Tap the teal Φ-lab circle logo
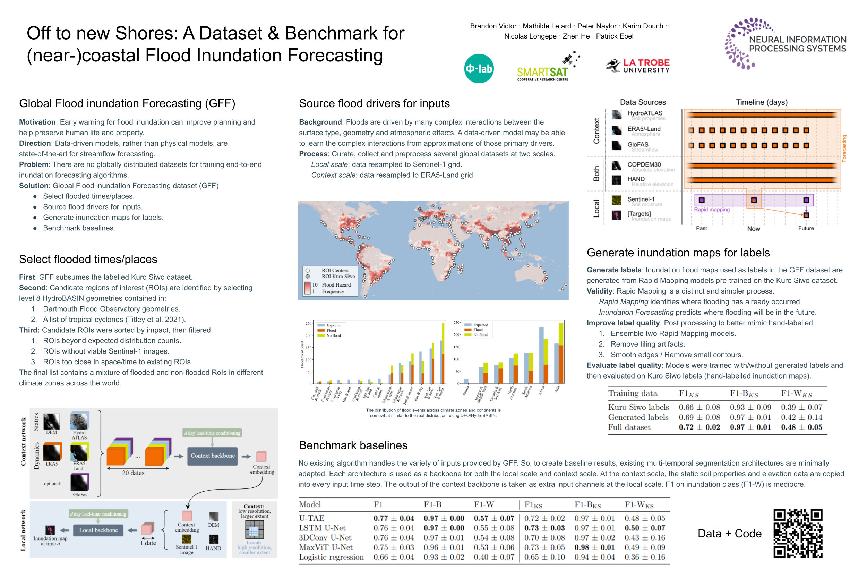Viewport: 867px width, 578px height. click(479, 69)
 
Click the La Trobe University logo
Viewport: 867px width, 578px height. click(637, 66)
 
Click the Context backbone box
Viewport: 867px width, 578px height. click(212, 456)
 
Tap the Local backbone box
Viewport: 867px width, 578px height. click(98, 530)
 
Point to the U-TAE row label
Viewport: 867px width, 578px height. click(311, 518)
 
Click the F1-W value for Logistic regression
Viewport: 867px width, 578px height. click(494, 557)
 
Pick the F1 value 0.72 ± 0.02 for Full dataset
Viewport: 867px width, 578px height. click(699, 427)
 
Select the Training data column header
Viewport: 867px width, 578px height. click(632, 393)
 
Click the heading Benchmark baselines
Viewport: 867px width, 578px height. click(353, 445)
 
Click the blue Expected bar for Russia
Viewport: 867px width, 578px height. click(466, 381)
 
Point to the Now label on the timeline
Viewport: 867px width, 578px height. click(753, 229)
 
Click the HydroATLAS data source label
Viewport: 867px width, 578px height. click(644, 113)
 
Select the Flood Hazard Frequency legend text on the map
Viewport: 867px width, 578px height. click(336, 288)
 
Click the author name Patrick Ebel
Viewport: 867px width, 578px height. click(614, 36)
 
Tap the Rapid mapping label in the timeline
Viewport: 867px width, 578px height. click(712, 210)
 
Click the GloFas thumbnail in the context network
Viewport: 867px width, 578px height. click(79, 483)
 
